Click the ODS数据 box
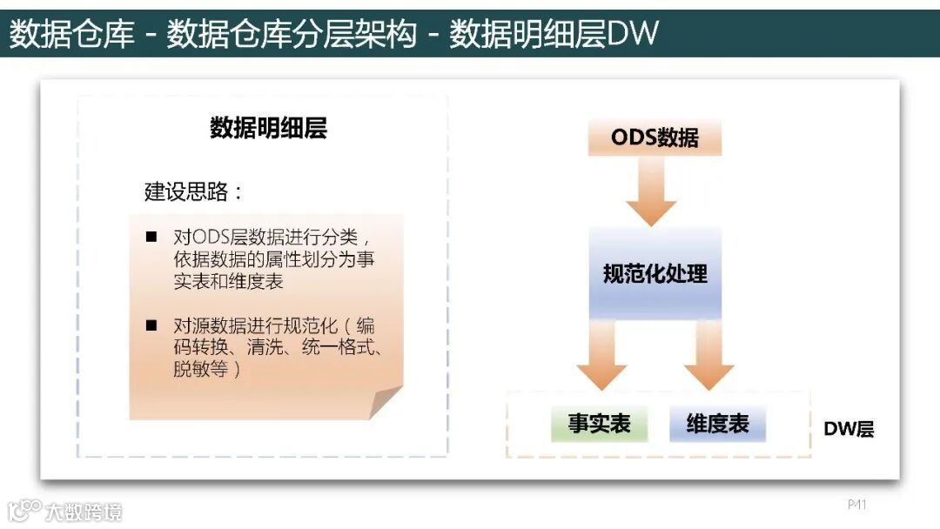click(x=655, y=138)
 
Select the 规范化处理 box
click(x=655, y=274)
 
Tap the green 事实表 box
click(x=599, y=424)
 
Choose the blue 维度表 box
click(x=717, y=424)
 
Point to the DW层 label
click(x=849, y=428)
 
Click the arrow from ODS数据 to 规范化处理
click(x=651, y=192)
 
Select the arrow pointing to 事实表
click(x=601, y=354)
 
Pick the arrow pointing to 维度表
click(x=708, y=354)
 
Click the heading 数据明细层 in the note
click(x=268, y=129)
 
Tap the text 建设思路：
click(x=194, y=191)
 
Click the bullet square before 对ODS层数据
click(x=151, y=237)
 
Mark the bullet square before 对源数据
click(x=151, y=325)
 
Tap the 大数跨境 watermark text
click(x=84, y=511)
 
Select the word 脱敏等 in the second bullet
click(x=201, y=369)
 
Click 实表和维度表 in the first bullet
click(x=228, y=282)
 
